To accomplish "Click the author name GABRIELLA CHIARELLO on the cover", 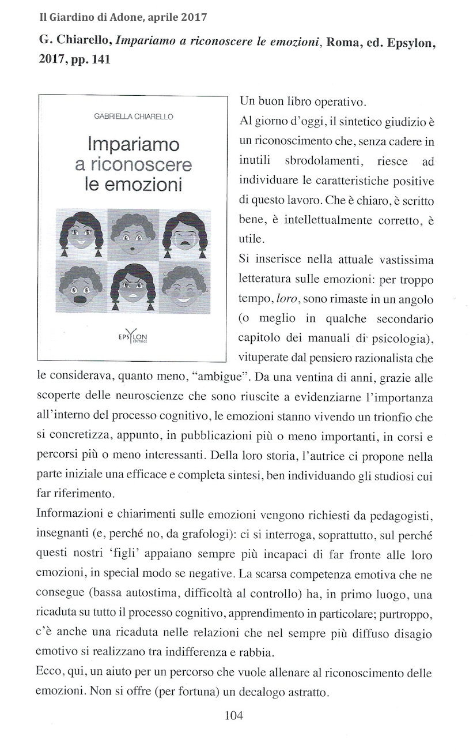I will (133, 117).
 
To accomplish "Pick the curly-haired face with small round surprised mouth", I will (134, 233).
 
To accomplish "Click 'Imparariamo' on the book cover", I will (134, 144).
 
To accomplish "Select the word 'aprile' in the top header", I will (152, 17).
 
